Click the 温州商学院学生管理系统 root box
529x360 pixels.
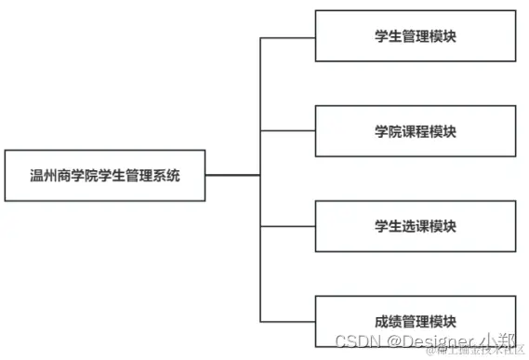pos(105,175)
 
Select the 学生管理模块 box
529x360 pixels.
pos(415,36)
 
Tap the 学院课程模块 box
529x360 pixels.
pos(415,131)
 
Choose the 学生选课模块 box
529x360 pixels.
pos(415,226)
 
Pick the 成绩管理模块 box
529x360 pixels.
pos(415,322)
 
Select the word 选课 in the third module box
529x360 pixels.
pos(416,226)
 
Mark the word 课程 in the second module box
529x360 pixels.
pos(416,131)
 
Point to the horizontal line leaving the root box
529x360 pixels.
pos(232,175)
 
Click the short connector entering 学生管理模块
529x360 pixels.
pos(287,37)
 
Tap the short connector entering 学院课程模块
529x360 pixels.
pos(287,132)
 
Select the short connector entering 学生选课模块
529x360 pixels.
pos(287,226)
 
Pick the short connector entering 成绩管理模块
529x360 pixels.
pos(287,321)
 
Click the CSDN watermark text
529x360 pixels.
pos(355,341)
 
